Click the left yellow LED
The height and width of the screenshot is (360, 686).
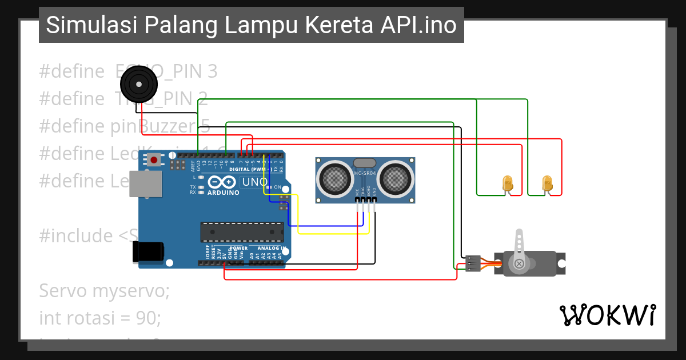[508, 183]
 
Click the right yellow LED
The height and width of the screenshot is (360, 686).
[548, 183]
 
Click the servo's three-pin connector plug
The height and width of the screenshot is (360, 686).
[472, 263]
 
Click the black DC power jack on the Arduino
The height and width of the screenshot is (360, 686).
[147, 252]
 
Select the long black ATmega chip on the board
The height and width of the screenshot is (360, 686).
[242, 231]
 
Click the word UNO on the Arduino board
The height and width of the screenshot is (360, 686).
[252, 182]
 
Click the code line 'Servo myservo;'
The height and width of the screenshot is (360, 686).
[105, 291]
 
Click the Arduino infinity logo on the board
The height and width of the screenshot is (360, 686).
[222, 183]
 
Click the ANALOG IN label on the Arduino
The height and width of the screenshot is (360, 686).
[271, 249]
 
